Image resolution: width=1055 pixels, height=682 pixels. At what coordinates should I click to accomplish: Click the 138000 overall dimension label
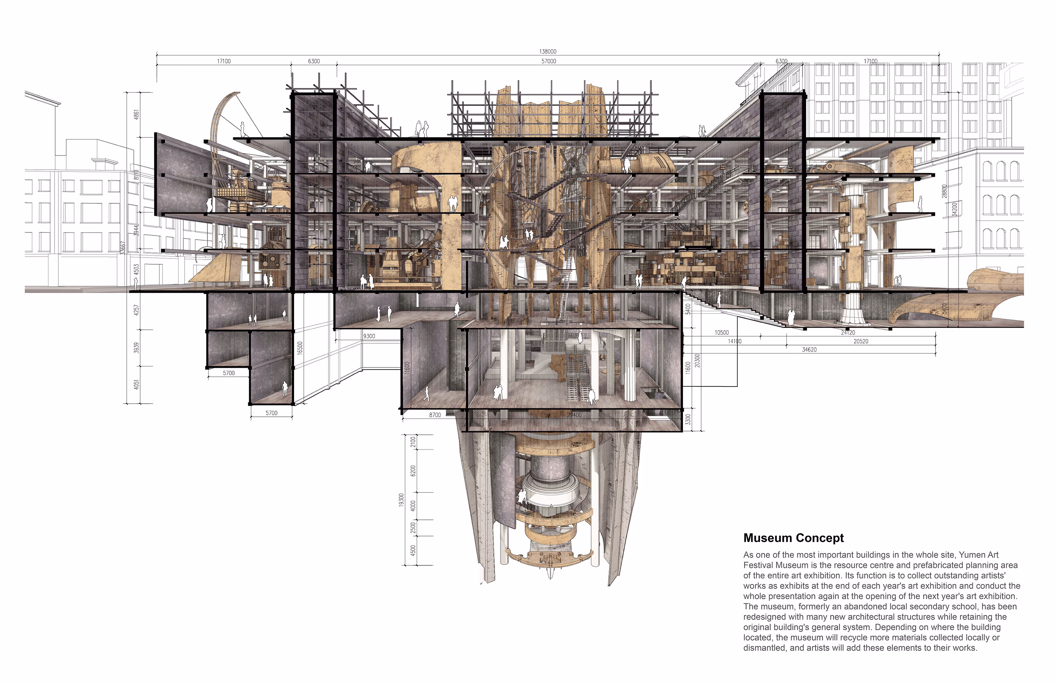coord(548,52)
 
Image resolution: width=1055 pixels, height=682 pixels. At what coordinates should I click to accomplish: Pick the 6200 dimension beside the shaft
coord(413,471)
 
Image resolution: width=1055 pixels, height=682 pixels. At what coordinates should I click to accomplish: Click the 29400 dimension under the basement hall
coord(574,415)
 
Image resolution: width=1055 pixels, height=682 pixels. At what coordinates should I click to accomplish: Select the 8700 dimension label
coord(435,415)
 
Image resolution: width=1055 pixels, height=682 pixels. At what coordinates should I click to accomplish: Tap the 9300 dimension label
coord(369,336)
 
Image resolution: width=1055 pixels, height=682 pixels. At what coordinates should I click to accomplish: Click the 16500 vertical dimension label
coord(300,348)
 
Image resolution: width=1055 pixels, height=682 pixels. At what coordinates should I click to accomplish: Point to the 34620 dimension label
coord(809,350)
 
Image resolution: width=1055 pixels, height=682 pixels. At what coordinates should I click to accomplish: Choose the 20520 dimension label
coord(861,341)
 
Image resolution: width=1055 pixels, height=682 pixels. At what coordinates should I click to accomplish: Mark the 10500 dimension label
coord(722,333)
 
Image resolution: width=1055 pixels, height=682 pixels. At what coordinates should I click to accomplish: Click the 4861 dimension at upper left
coord(137,114)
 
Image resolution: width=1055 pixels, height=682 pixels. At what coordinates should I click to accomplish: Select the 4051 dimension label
coord(137,385)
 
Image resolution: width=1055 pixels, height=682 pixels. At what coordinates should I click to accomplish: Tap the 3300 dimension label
coord(688,419)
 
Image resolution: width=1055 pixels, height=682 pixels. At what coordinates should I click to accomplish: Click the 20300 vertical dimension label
coord(697,360)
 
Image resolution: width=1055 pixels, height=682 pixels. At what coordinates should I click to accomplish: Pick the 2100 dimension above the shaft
coord(413,442)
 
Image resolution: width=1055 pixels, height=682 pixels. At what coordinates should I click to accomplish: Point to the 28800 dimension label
coord(945,191)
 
